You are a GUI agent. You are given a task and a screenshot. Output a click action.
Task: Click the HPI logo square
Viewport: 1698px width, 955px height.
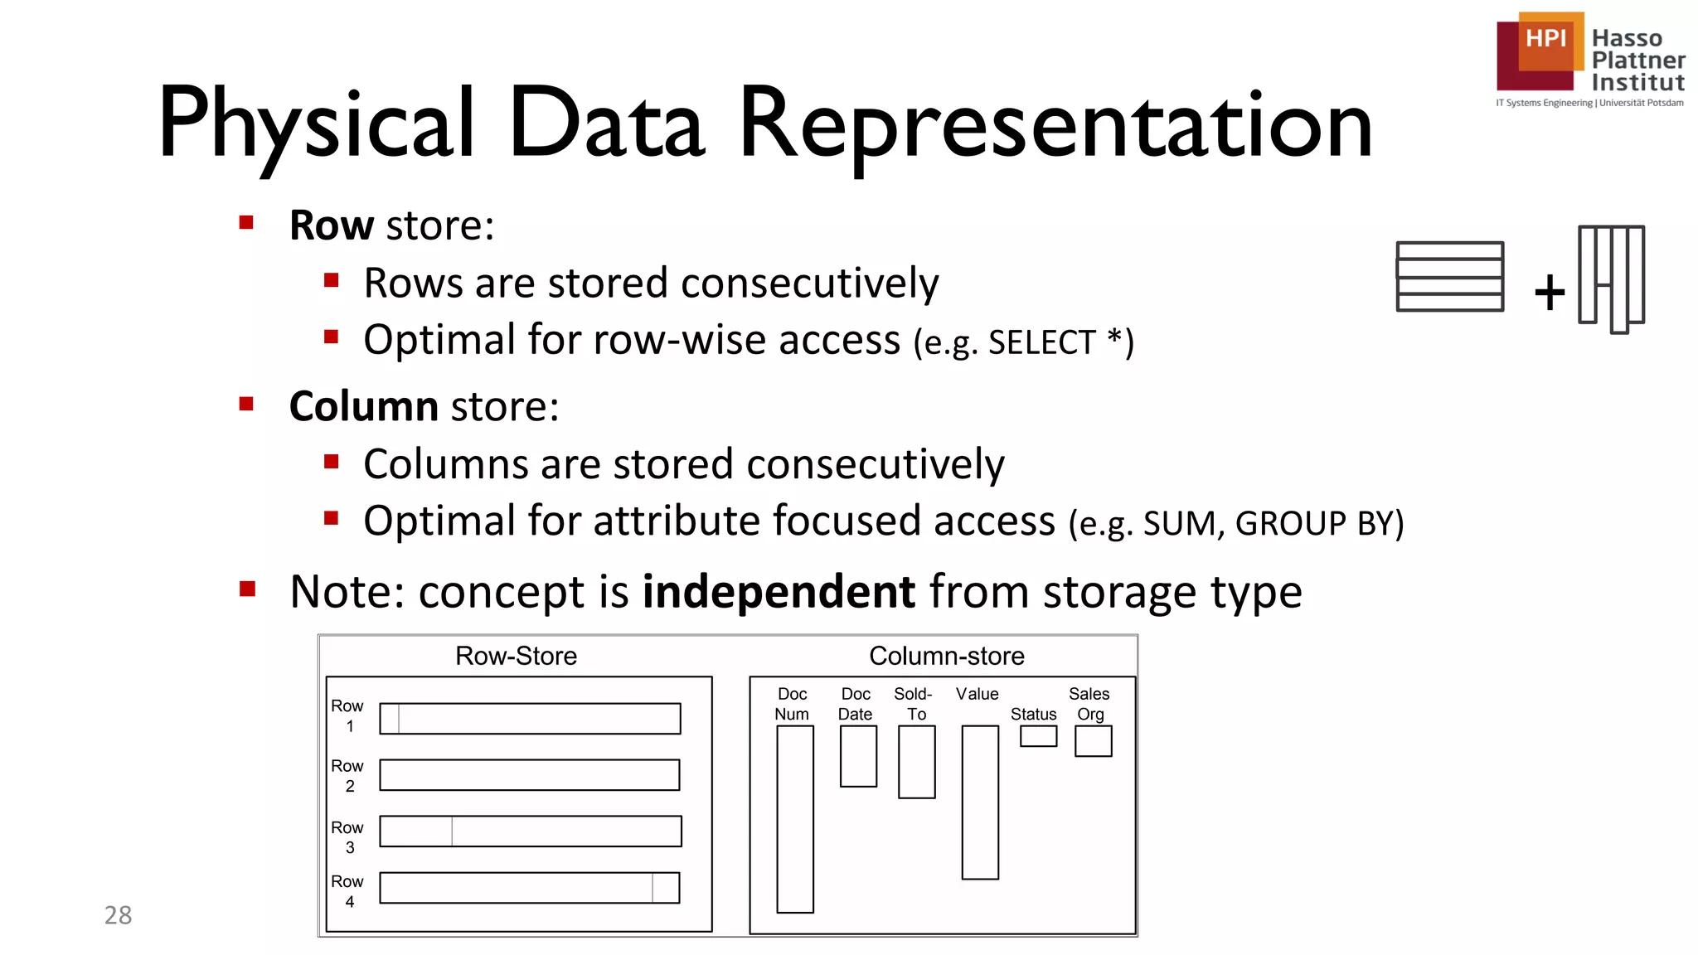(1540, 51)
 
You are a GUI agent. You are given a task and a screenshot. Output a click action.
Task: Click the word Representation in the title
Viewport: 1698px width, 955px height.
(1055, 124)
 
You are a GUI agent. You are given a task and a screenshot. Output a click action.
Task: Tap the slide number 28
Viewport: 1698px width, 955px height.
(118, 915)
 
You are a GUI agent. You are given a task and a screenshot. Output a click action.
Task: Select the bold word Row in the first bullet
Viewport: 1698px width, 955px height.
(331, 225)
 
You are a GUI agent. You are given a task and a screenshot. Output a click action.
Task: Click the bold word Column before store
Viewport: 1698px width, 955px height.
(363, 406)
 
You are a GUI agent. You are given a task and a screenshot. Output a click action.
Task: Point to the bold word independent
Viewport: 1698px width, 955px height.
(779, 592)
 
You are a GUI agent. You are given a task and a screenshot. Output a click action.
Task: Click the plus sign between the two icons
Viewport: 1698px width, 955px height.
(1549, 293)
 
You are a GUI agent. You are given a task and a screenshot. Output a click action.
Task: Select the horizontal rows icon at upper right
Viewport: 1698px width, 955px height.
(1449, 277)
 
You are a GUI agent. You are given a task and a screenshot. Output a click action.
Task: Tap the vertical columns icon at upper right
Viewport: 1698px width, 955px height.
(1611, 278)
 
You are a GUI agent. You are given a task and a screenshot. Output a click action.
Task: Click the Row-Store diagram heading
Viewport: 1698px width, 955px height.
(516, 656)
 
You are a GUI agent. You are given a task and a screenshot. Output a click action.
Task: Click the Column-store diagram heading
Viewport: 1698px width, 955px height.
(946, 656)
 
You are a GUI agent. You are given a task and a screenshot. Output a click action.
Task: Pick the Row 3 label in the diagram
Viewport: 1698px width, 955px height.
(347, 837)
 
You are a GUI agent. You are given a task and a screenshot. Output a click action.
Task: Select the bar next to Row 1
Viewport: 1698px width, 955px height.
(530, 719)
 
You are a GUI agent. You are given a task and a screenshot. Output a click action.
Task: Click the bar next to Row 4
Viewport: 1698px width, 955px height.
(530, 888)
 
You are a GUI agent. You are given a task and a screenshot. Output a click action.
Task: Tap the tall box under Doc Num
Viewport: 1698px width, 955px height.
(794, 819)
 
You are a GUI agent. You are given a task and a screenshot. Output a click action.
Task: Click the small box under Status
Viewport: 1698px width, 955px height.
(1038, 736)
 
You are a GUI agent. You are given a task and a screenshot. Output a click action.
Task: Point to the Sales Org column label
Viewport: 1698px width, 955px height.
(1089, 704)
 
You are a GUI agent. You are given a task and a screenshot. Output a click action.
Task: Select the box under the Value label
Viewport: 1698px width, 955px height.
(980, 802)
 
